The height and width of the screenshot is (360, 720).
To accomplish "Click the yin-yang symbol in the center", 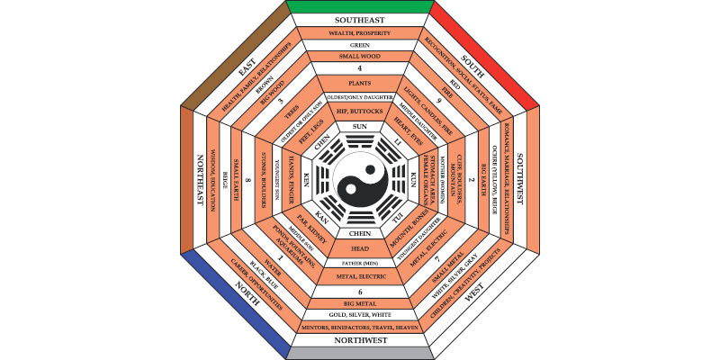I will click(360, 180).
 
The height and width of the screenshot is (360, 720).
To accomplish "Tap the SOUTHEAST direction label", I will click(360, 20).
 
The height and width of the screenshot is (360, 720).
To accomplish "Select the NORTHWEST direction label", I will click(360, 341).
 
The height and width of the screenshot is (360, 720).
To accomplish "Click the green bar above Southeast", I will click(360, 6).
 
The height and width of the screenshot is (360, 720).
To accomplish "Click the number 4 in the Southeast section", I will click(360, 69).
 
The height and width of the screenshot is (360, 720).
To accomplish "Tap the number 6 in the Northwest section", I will click(360, 292).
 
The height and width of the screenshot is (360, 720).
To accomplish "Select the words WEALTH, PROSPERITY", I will click(360, 32).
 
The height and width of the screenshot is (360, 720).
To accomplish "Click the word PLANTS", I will click(360, 84).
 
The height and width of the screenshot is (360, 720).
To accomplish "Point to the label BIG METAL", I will click(360, 303).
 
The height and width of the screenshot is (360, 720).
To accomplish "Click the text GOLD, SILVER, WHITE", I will click(360, 315).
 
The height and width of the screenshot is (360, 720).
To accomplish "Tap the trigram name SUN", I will click(360, 126).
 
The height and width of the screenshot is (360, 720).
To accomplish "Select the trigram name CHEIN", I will click(360, 232).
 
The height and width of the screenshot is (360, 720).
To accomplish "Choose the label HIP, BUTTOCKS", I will click(360, 111).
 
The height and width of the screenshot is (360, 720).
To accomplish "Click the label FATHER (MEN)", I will click(360, 263).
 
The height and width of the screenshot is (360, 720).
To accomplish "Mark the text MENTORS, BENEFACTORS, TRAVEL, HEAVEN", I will click(360, 327).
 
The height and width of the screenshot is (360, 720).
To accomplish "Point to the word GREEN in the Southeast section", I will click(360, 44).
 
